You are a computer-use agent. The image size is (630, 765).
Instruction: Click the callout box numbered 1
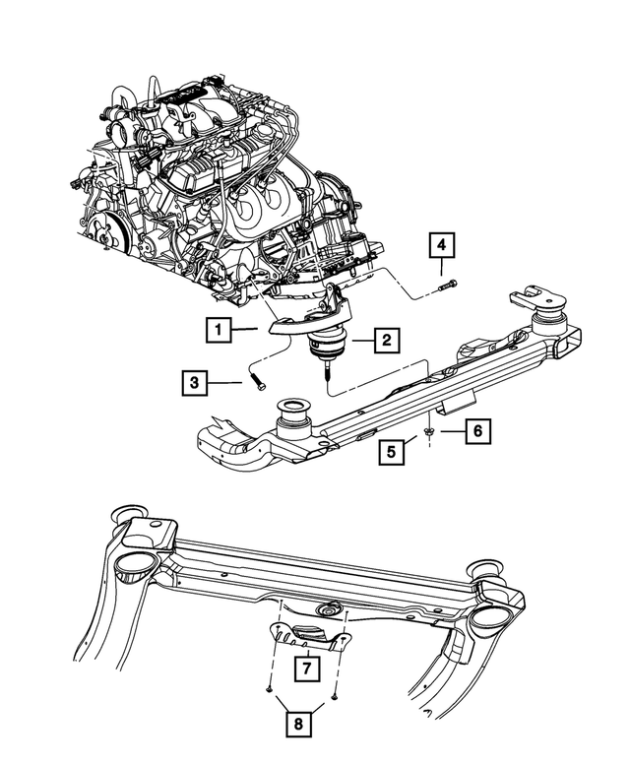pyautogui.click(x=218, y=328)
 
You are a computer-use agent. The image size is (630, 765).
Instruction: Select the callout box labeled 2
pyautogui.click(x=386, y=341)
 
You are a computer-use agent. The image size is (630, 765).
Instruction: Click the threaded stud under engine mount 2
pyautogui.click(x=326, y=376)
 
